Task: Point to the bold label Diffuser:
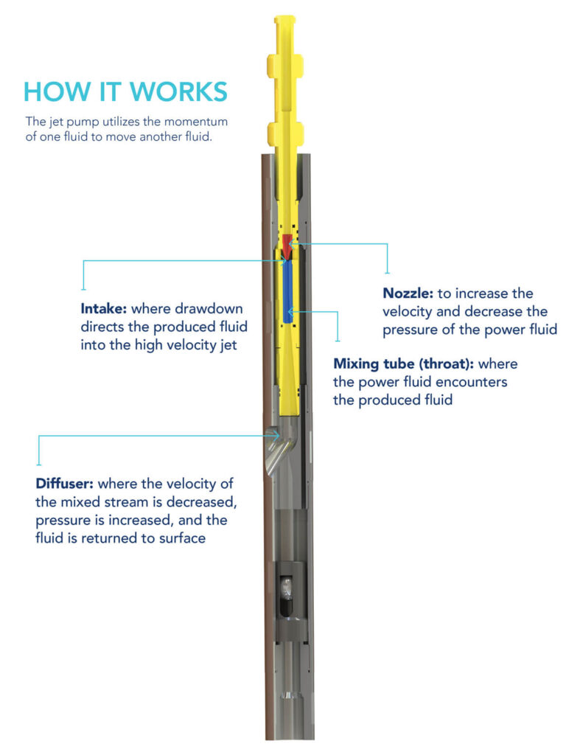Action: (x=64, y=484)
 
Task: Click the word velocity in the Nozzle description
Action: (x=408, y=311)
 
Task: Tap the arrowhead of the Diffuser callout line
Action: (x=278, y=436)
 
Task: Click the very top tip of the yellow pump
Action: (x=285, y=18)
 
